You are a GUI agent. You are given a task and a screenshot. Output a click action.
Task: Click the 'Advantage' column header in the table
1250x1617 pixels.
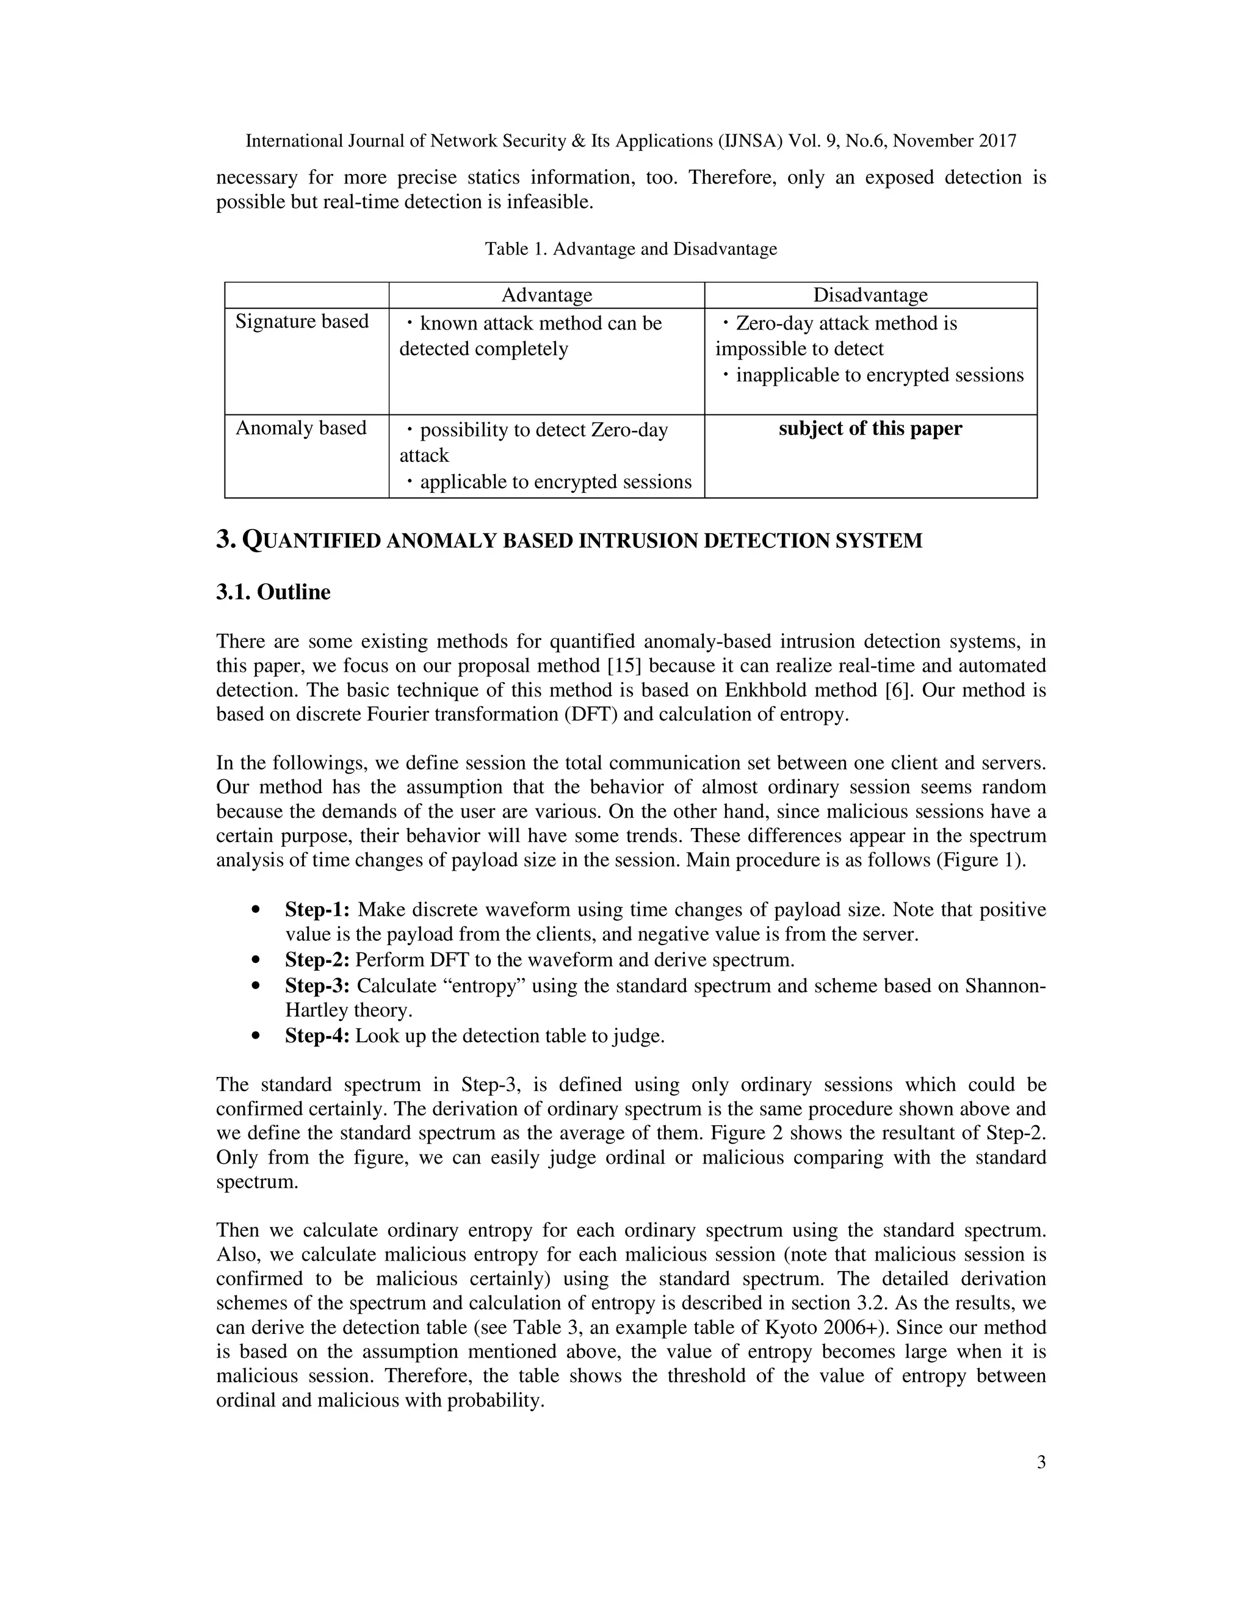tap(546, 295)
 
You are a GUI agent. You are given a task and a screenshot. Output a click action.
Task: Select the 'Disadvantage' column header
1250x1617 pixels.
tap(870, 295)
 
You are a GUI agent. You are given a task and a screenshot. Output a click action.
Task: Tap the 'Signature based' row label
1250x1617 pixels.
tap(302, 322)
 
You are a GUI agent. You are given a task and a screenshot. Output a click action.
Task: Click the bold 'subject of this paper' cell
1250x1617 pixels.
tap(870, 429)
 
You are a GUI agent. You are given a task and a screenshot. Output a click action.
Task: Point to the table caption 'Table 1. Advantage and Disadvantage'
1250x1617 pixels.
tap(630, 249)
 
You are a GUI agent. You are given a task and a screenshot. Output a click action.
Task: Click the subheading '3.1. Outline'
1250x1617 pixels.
tap(273, 592)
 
